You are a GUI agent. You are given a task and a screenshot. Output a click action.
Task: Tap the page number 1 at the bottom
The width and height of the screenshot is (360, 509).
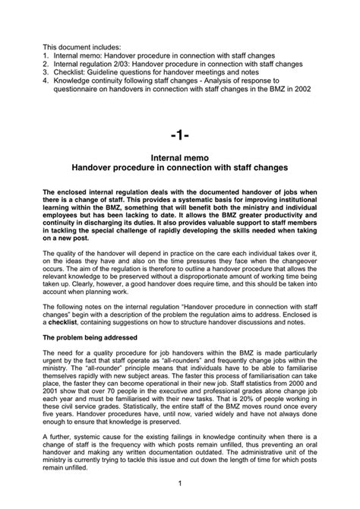(180, 482)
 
